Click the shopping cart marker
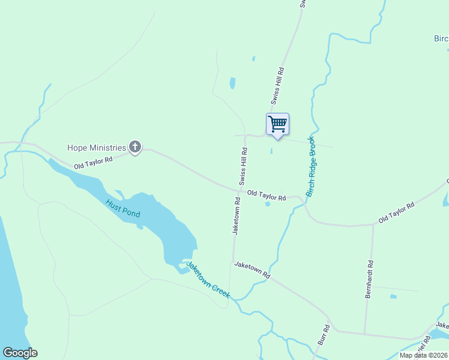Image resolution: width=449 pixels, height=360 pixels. tap(277, 124)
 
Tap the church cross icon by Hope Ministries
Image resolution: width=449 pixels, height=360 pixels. tap(136, 147)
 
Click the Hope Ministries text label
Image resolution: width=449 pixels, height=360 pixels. tap(97, 148)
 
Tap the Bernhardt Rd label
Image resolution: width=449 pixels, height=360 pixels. tap(370, 280)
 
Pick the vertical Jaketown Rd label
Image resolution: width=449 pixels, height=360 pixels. tap(237, 218)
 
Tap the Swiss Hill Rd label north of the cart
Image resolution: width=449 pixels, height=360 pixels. tap(281, 86)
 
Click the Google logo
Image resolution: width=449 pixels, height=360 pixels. tap(20, 353)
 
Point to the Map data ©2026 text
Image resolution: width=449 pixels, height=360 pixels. tap(424, 355)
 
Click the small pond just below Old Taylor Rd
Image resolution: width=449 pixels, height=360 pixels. tap(268, 204)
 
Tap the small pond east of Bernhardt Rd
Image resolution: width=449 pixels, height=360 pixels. tap(393, 296)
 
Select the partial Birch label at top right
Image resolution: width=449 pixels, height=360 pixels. tap(441, 38)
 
